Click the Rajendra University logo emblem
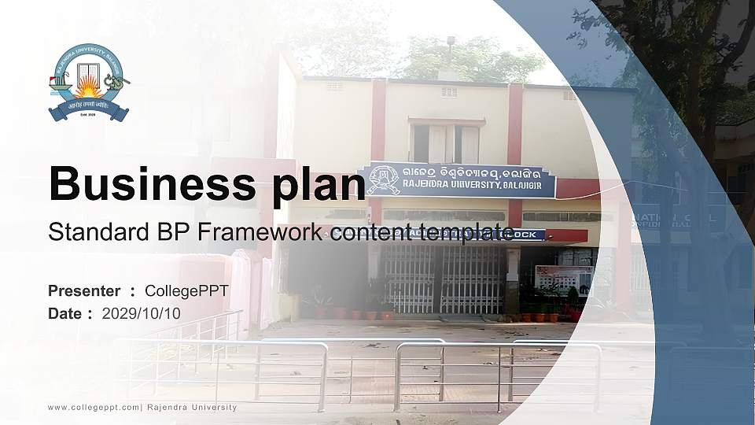[88, 83]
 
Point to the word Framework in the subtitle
[255, 232]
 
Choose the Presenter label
[84, 291]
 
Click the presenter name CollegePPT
[186, 291]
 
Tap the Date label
[64, 313]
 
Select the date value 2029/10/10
[141, 313]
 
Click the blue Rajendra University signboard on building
[457, 180]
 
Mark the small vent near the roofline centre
[448, 92]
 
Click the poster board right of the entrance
[563, 278]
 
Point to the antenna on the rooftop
[449, 49]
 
